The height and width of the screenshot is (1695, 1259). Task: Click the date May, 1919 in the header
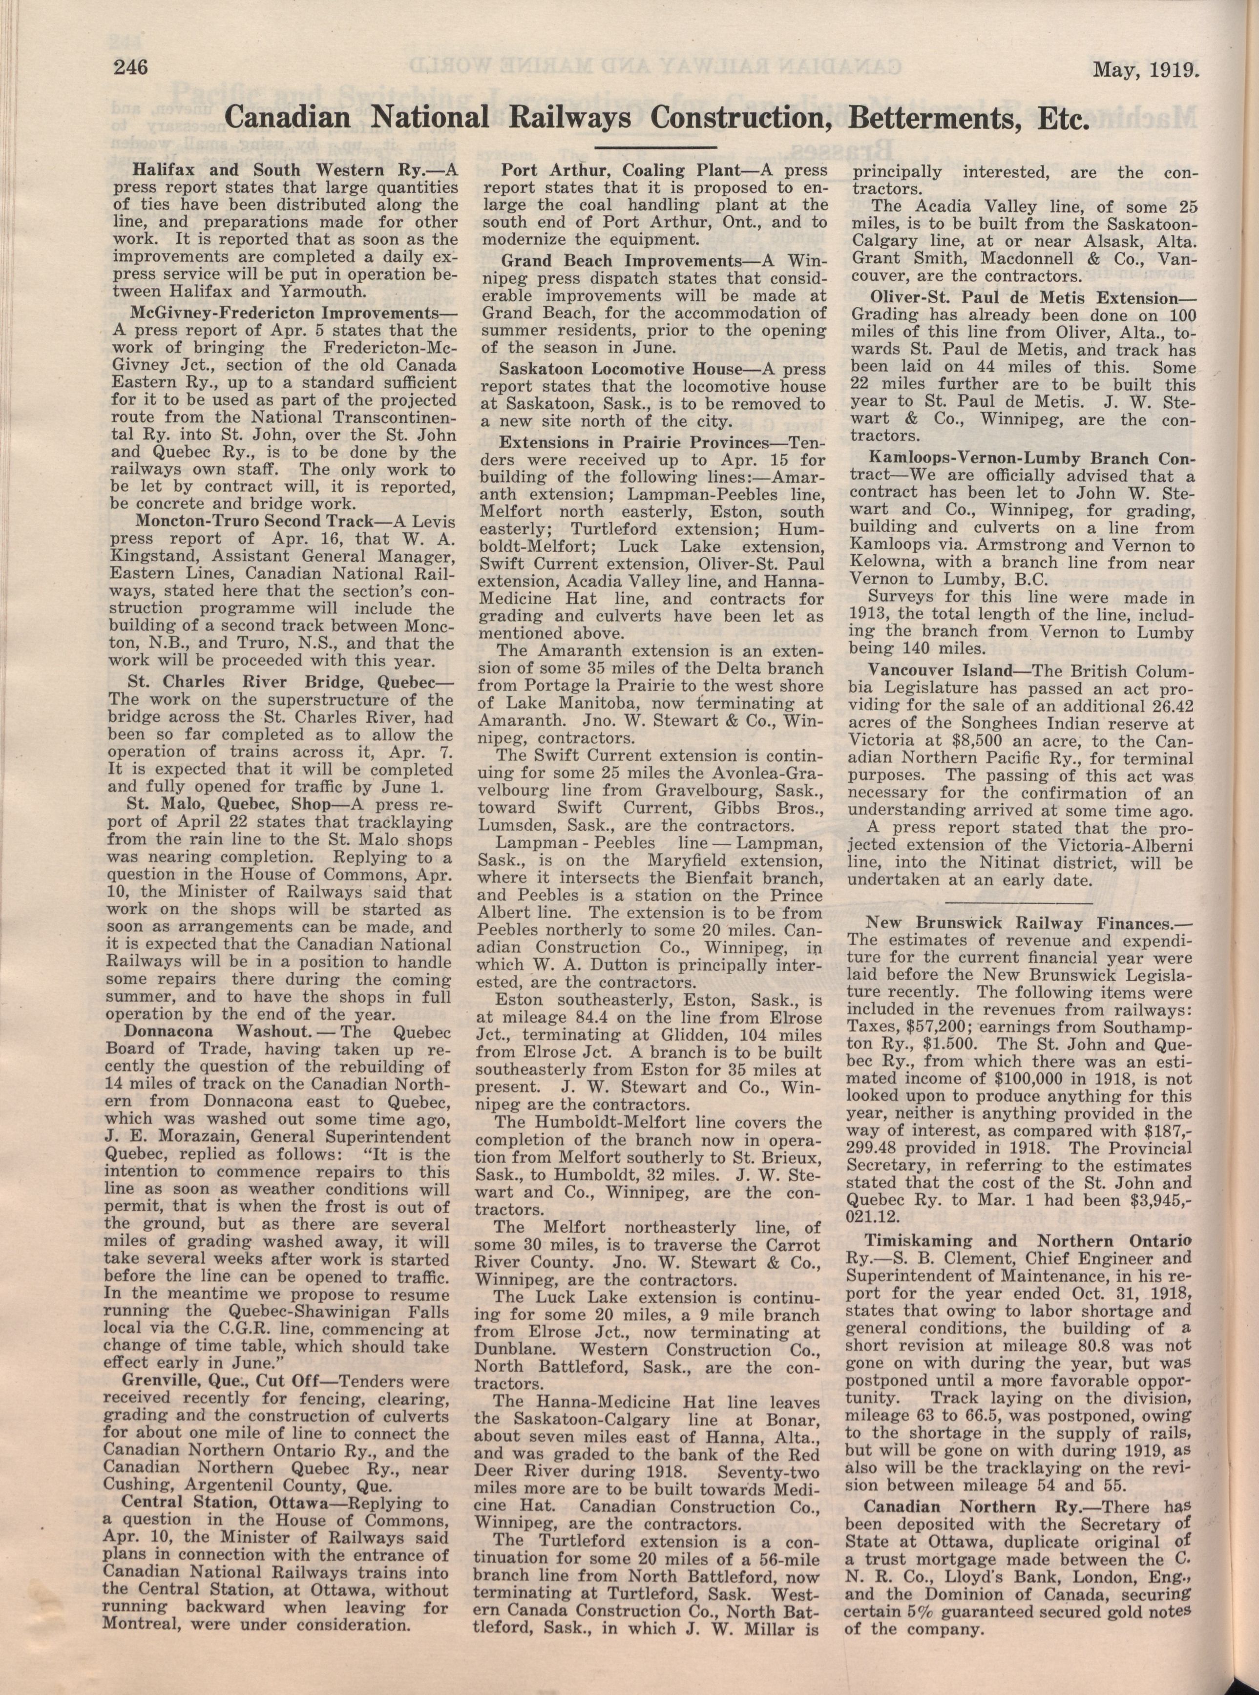[x=1145, y=70]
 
